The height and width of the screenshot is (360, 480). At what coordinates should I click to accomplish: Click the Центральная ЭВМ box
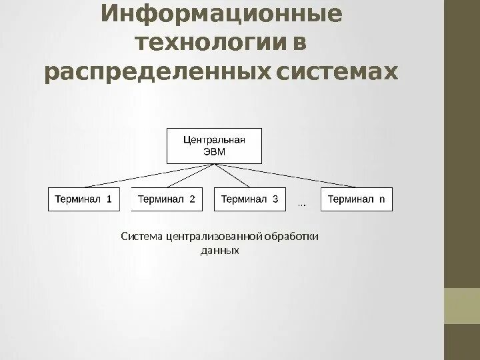click(214, 145)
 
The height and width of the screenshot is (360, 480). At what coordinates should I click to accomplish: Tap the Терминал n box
click(357, 199)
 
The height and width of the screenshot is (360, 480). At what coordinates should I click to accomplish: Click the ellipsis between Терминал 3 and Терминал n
click(301, 203)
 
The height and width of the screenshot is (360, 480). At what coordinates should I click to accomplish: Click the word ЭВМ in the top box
click(214, 152)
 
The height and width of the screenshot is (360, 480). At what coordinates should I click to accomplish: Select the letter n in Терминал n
click(383, 199)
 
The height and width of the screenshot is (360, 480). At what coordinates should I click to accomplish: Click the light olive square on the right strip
click(462, 306)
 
